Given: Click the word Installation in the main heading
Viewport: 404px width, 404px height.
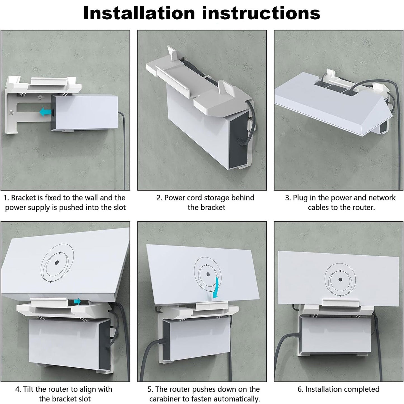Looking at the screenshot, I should (x=139, y=13).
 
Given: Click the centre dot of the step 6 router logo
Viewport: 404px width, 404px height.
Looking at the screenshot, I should (x=340, y=279).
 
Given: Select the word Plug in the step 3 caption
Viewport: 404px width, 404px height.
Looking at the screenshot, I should (x=300, y=198).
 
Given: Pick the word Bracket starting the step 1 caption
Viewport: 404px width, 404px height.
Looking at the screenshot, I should (x=23, y=198).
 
